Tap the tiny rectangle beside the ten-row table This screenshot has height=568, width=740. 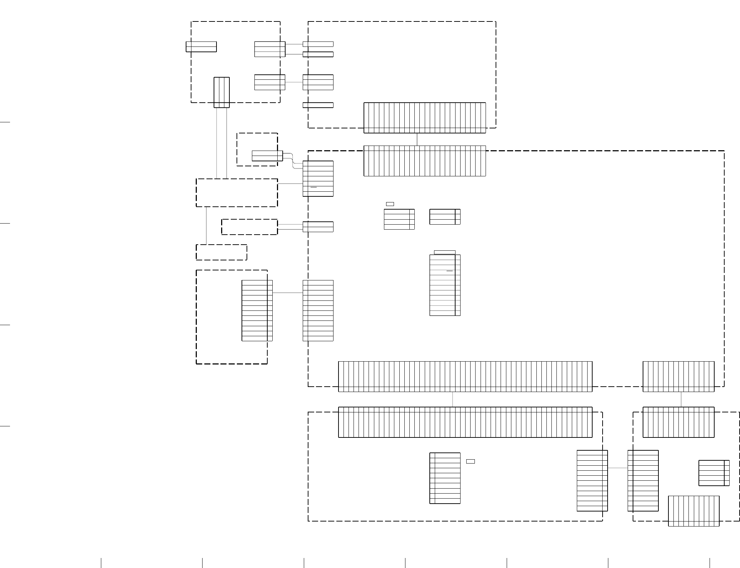point(470,461)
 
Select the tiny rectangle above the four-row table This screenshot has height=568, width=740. point(390,204)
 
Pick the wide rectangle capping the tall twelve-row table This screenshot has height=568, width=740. point(444,253)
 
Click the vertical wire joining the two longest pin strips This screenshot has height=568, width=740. point(453,399)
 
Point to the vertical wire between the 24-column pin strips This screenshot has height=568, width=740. point(417,139)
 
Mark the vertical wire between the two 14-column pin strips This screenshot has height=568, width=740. point(681,399)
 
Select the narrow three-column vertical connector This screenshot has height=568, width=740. point(221,92)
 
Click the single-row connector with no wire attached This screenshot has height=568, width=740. point(318,105)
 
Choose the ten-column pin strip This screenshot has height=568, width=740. point(693,511)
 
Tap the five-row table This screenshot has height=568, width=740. point(714,473)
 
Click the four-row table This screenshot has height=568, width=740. point(399,219)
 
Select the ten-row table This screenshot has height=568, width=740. point(445,478)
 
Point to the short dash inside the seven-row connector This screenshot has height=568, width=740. point(314,187)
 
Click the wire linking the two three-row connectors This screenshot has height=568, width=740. point(294,82)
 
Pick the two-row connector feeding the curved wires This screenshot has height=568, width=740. point(267,156)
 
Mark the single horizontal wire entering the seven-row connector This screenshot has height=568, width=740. point(290,184)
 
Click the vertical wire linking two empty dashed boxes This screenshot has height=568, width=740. point(206,226)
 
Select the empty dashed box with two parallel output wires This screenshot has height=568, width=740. point(249,227)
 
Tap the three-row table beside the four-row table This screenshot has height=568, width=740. point(445,217)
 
